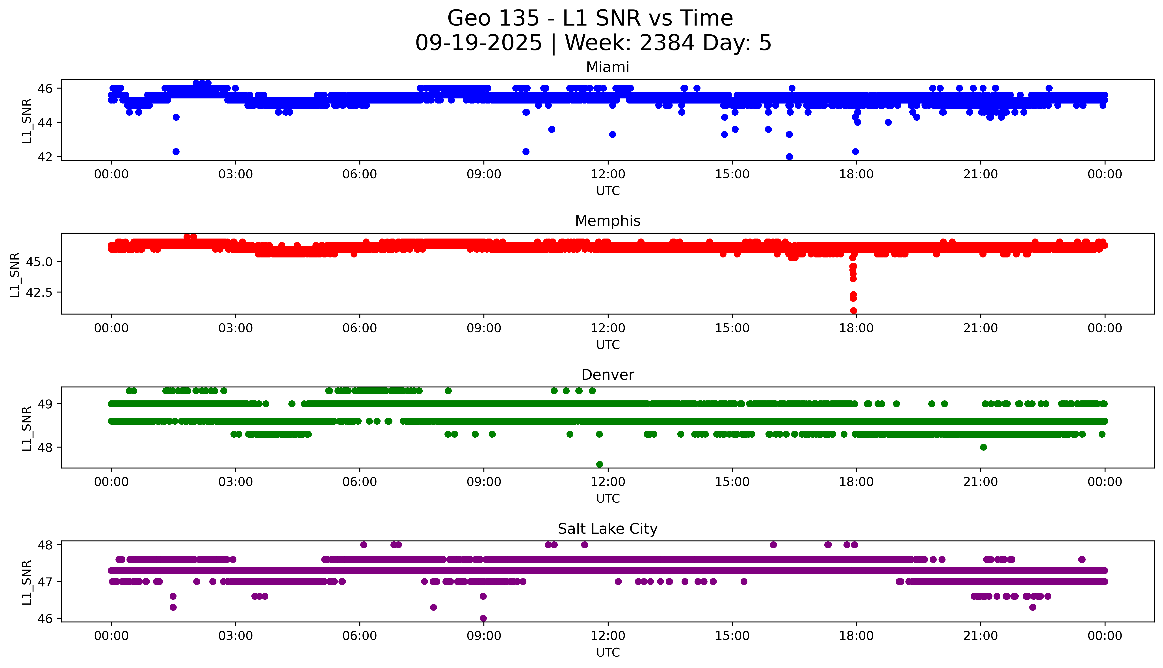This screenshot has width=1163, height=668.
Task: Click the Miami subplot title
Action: click(x=607, y=67)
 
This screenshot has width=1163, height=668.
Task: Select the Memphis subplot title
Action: click(x=607, y=221)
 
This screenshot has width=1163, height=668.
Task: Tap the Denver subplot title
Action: click(x=607, y=375)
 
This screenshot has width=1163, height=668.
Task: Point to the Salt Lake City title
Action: click(x=607, y=529)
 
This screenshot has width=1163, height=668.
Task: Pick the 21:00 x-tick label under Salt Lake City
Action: click(x=980, y=636)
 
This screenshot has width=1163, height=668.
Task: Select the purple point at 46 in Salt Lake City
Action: click(x=483, y=618)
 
